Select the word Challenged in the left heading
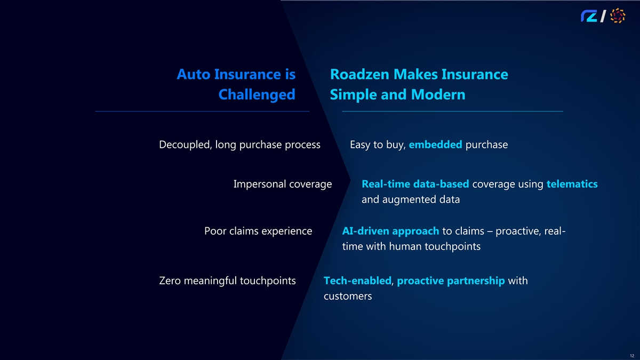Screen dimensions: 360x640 coord(257,94)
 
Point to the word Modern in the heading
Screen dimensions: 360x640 coord(438,94)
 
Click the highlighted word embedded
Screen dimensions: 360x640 coord(435,145)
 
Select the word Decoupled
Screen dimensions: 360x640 coord(184,145)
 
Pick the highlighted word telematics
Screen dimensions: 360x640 coord(572,184)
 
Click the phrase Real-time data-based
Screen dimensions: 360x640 coord(415,184)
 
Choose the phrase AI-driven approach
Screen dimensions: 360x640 coord(390,231)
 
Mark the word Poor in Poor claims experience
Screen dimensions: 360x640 coord(215,231)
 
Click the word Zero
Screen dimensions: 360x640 coord(170,281)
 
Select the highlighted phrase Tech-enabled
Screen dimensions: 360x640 coord(357,281)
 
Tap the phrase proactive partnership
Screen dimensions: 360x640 coord(451,281)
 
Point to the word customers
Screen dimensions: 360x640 coord(348,296)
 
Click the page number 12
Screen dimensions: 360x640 coord(631,356)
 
